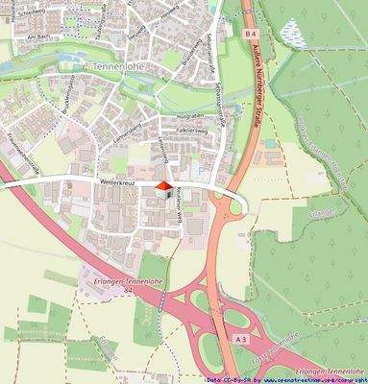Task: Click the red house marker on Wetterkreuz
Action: point(164,187)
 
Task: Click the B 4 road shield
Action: point(251,34)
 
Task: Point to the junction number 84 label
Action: point(127,288)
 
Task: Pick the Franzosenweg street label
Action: point(21,145)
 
